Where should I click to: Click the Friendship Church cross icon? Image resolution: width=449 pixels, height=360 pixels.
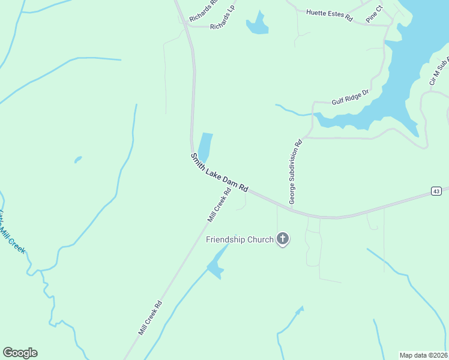point(283,239)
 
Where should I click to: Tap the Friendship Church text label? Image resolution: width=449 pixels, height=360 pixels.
point(240,239)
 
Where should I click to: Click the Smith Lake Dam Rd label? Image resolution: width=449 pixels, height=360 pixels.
point(219,172)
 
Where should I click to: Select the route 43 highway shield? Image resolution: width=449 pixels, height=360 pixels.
point(436,191)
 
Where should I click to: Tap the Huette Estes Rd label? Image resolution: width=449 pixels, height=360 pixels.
point(329,15)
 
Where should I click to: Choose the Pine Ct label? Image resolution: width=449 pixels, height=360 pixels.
point(374,14)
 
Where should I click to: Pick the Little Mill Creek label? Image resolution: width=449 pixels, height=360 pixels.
point(12,231)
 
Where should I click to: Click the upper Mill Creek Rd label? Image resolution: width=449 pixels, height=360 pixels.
point(219,206)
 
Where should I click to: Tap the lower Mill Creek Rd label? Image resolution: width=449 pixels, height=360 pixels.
point(150,317)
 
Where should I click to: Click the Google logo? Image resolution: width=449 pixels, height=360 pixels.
point(20,353)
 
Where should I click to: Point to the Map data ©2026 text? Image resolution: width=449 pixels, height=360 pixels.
point(424,355)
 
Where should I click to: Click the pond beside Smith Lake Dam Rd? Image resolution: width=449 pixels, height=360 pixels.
point(205,146)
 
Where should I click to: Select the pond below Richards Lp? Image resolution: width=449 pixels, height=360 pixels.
point(258,25)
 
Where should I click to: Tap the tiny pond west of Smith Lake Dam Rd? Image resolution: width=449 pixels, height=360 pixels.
point(78,160)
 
